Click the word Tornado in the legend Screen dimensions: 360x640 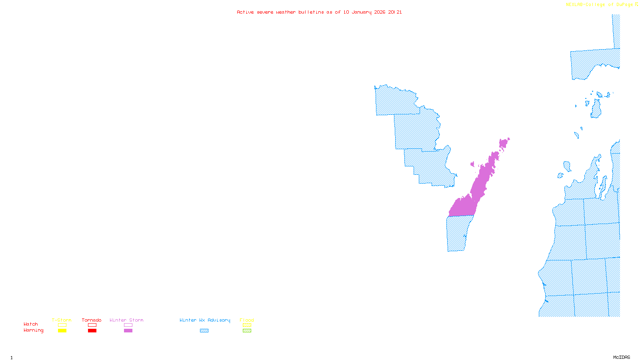92,320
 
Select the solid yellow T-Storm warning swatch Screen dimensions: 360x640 62,331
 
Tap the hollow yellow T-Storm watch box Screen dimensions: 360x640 62,325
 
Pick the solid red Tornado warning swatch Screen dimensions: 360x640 92,331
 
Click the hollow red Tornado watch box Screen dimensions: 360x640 92,325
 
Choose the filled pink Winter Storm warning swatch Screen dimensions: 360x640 128,331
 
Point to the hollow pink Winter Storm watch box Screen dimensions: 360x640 128,325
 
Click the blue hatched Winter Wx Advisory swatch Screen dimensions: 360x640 204,331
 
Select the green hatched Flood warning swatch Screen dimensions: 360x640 247,331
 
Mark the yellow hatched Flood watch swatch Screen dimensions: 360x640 247,325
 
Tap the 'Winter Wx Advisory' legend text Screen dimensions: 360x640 205,320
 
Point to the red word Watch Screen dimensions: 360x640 31,324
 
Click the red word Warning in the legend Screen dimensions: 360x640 34,330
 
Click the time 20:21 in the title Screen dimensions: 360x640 395,12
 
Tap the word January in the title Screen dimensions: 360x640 362,12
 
